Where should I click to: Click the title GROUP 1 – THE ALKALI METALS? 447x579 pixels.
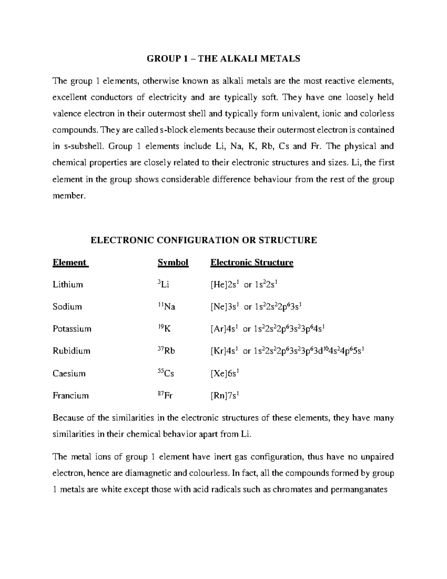point(223,59)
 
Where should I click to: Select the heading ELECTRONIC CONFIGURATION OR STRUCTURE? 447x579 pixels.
point(204,240)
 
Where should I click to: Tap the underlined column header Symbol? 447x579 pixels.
point(173,262)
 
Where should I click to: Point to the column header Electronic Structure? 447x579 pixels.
point(252,262)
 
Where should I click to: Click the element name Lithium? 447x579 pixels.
point(68,284)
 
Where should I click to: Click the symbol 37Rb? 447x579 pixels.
point(166,351)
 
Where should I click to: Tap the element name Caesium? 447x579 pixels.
point(69,373)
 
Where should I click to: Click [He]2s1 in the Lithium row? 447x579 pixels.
point(224,285)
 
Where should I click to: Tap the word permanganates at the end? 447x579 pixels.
point(359,490)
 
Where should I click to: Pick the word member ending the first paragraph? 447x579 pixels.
point(69,196)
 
